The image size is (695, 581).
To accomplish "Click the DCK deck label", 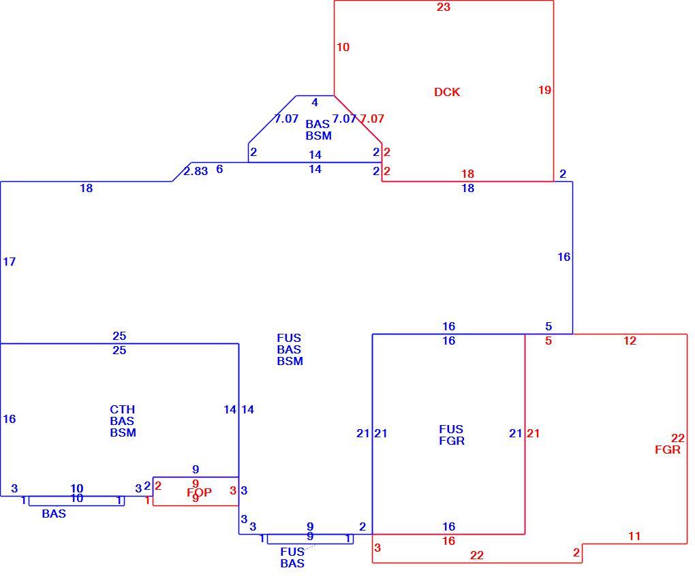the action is [447, 92].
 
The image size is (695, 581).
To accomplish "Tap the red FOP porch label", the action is [199, 492].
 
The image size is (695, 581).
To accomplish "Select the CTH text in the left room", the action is [123, 409].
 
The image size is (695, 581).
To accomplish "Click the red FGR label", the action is [668, 450].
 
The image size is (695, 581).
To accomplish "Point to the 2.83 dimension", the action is [196, 171].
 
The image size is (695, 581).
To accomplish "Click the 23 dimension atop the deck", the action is [444, 7].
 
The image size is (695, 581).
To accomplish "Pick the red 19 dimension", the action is [544, 90].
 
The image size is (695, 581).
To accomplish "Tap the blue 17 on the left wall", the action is [10, 262].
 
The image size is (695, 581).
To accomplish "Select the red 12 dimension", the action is [630, 341].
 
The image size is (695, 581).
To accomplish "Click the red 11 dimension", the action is [634, 536].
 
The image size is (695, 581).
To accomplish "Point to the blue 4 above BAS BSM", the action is [315, 102].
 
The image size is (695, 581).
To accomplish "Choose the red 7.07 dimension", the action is [371, 119].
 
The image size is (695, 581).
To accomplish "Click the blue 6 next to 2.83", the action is [219, 169].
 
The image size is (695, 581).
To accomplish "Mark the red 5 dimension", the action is [549, 341].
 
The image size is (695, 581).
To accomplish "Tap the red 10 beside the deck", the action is [343, 47].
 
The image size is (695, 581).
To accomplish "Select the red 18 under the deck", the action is [467, 174].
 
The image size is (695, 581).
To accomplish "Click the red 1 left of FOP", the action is [148, 501].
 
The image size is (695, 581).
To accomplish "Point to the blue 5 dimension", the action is [549, 327].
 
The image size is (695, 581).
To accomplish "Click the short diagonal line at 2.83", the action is [182, 172].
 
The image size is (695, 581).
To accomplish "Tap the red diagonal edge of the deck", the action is [358, 119].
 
